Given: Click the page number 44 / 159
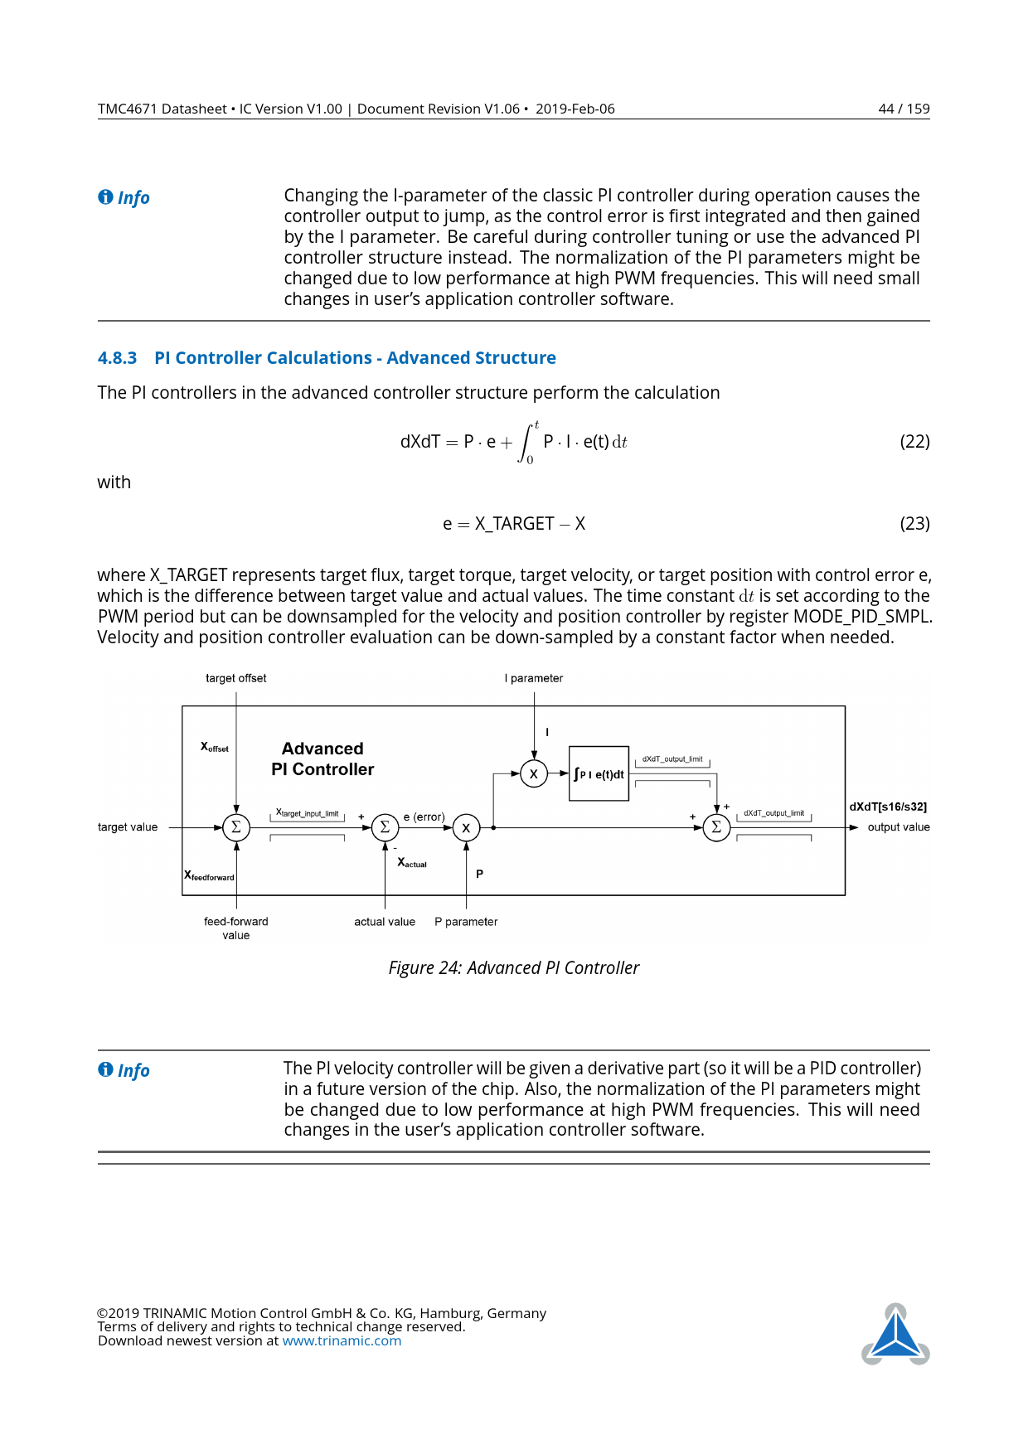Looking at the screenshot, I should tap(903, 109).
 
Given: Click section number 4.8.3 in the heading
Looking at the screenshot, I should tap(117, 358).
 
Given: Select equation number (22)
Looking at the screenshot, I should tap(914, 442).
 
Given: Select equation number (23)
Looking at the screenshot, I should tap(914, 524).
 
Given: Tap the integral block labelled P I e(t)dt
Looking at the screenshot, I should tap(599, 773).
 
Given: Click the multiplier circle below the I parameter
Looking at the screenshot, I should tap(534, 774).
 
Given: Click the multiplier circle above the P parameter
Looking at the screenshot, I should tap(466, 827).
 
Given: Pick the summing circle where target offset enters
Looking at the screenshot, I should tap(236, 827).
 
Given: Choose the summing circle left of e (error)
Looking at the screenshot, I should tap(385, 827).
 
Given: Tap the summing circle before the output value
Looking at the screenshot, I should tap(716, 827).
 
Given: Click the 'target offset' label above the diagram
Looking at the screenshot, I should tap(236, 678).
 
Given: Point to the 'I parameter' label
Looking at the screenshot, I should tap(534, 678).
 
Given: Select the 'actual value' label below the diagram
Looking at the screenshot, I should tap(385, 922).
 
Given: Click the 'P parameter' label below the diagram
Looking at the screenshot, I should tap(466, 922).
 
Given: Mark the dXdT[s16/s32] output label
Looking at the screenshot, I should tap(888, 807).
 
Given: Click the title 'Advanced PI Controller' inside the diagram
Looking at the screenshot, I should tap(322, 759).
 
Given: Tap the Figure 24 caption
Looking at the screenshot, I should tap(514, 968).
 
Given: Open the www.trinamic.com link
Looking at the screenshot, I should tap(342, 1341).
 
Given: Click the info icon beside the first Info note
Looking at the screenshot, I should tap(105, 197).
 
